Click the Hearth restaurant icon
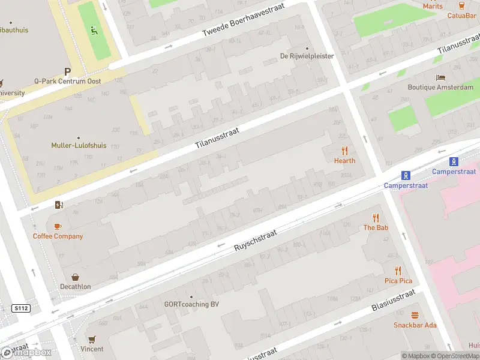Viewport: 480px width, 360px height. coord(344,151)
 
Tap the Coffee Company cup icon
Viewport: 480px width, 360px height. coord(58,226)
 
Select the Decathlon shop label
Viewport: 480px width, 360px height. coord(75,287)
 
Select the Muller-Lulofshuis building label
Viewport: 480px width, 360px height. coord(78,145)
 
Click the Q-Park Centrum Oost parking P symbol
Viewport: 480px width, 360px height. coord(68,71)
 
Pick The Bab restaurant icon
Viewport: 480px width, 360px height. coord(376,218)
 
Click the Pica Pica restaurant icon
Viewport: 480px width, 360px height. coord(398,271)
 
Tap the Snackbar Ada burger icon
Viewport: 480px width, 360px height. coord(415,316)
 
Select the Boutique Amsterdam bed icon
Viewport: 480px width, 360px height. coord(441,78)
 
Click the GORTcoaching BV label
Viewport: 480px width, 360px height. coord(191,304)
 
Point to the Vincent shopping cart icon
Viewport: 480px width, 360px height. coord(92,340)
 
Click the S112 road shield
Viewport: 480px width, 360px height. coord(20,308)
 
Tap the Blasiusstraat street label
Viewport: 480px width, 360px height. coord(393,301)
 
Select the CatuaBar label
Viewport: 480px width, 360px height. coord(461,16)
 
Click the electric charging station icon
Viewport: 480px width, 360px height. coord(58,205)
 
